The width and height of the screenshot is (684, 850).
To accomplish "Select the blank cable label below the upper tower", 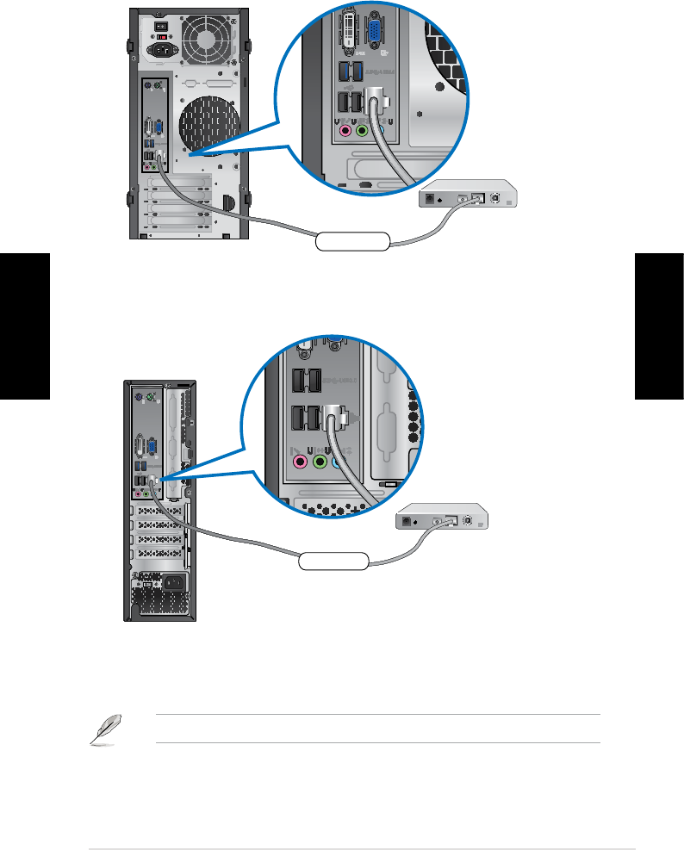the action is (x=352, y=240).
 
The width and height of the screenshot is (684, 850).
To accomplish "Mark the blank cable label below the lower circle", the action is (x=333, y=561).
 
